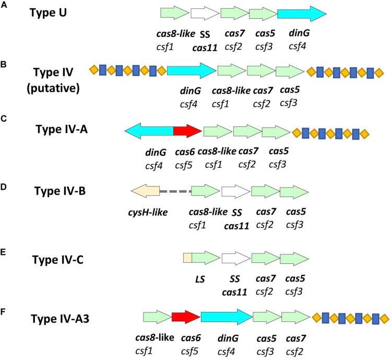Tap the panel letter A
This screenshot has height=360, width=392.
(x=4, y=6)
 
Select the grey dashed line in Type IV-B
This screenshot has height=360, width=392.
(x=175, y=192)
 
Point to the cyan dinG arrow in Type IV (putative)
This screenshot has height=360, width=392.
(x=191, y=71)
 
